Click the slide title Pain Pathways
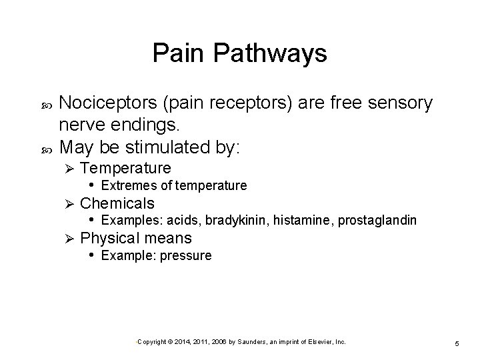tap(239, 53)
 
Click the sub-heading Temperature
tap(125, 167)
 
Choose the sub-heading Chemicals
tap(117, 203)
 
